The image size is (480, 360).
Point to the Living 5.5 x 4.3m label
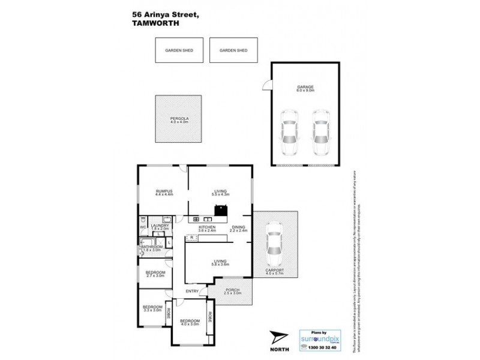218,193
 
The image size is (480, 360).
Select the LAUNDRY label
160,227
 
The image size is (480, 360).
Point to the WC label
143,227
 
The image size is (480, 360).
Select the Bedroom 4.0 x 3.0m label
190,322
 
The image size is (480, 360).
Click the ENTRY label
192,292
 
